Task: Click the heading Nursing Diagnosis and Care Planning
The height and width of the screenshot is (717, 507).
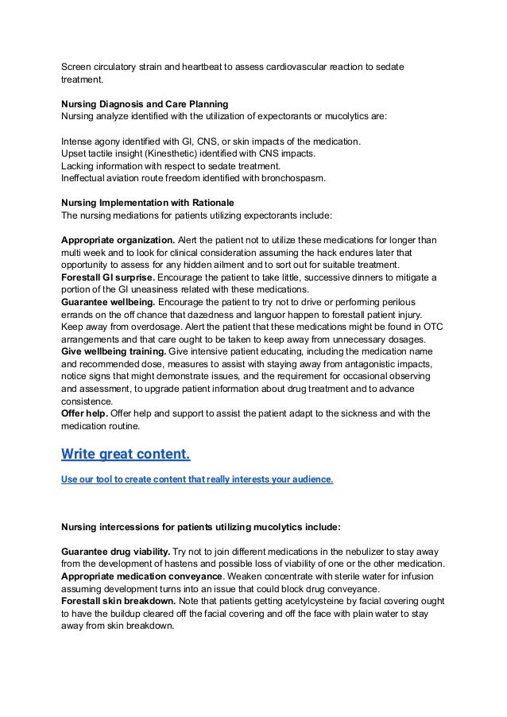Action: point(145,104)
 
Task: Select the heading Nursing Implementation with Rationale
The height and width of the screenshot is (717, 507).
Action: point(148,203)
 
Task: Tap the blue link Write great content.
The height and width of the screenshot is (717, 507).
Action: point(126,455)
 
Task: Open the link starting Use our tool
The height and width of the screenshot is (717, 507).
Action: point(197,480)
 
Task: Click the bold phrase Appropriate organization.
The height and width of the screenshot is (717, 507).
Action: point(118,241)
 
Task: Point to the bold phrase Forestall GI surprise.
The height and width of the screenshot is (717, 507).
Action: point(108,277)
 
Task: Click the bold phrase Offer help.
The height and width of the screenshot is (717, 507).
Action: point(84,413)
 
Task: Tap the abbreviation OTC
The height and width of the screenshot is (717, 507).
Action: point(432,328)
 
